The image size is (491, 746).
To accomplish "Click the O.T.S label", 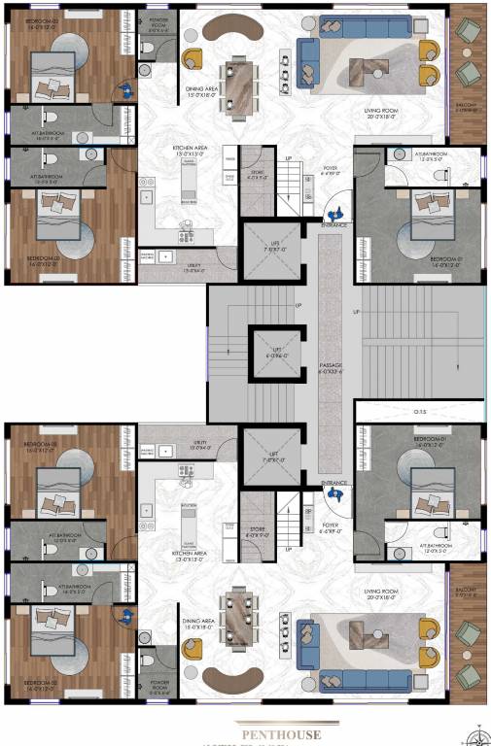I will pyautogui.click(x=421, y=410).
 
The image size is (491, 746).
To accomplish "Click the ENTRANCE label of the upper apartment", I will pyautogui.click(x=335, y=224).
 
